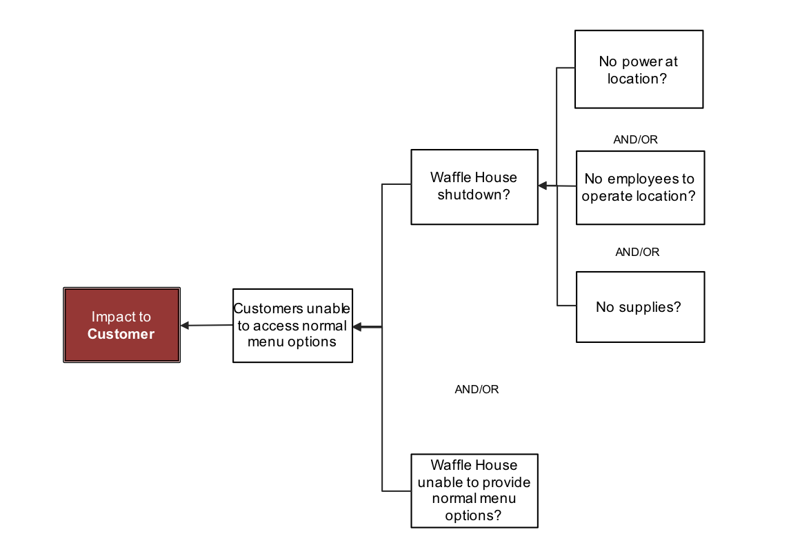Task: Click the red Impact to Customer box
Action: click(121, 325)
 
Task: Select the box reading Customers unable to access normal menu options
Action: click(292, 326)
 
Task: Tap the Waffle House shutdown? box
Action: click(474, 187)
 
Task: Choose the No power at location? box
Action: click(639, 70)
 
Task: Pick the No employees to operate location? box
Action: click(640, 188)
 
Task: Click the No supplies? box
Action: click(640, 307)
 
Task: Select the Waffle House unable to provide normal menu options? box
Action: click(474, 491)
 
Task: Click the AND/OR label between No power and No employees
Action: click(635, 140)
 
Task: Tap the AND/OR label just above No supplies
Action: click(637, 253)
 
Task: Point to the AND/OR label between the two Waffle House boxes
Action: click(477, 390)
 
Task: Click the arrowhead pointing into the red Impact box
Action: click(185, 326)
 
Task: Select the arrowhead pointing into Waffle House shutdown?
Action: click(543, 186)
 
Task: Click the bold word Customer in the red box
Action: click(121, 335)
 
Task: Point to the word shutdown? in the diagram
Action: click(474, 195)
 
